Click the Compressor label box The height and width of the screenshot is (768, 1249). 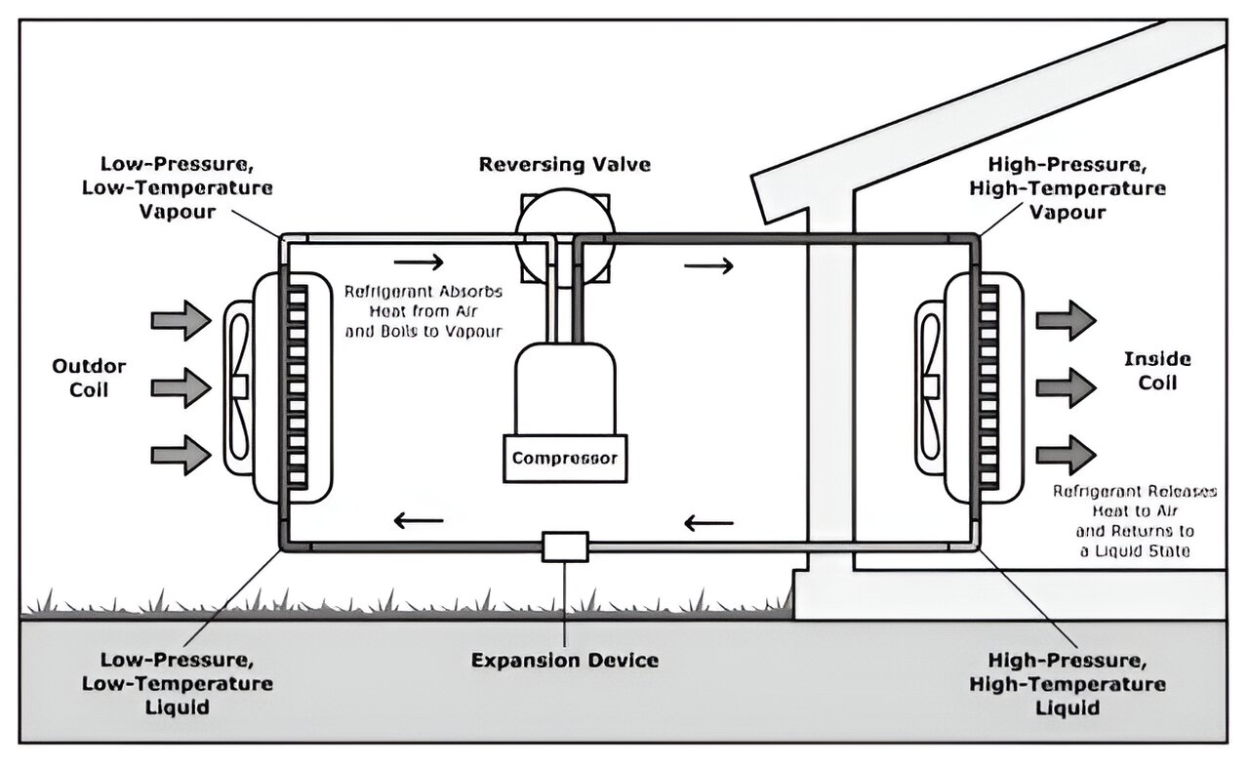click(x=565, y=457)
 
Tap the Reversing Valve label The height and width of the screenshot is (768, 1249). click(x=564, y=164)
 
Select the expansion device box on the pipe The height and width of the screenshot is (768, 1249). click(x=565, y=546)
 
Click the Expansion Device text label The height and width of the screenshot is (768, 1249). click(x=565, y=661)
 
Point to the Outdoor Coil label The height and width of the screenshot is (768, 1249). click(x=89, y=378)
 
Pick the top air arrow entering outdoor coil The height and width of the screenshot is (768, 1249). click(x=181, y=320)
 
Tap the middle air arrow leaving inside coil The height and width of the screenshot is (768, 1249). click(x=1066, y=387)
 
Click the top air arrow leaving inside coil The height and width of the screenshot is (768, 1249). click(x=1066, y=320)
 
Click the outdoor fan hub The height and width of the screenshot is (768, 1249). click(x=239, y=386)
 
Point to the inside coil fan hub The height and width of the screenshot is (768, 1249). click(x=930, y=386)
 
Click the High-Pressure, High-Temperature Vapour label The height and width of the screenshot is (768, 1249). click(x=1068, y=186)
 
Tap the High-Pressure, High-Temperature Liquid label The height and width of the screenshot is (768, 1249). click(x=1068, y=682)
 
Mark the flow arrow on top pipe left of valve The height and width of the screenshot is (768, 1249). click(x=421, y=262)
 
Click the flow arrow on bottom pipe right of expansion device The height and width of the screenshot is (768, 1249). click(x=708, y=523)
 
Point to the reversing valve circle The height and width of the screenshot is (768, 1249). click(x=564, y=232)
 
